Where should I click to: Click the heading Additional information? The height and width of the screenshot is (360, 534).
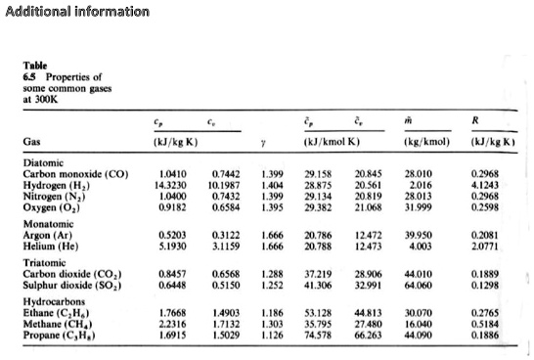[77, 12]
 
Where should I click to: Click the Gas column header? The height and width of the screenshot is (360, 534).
[32, 141]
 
